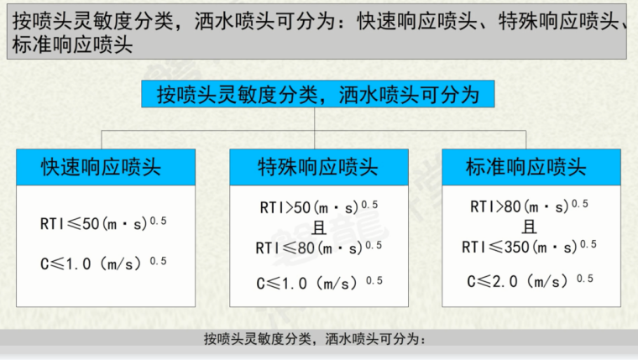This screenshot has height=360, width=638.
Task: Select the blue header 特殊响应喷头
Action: [318, 167]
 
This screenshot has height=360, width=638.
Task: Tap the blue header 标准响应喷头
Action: [531, 167]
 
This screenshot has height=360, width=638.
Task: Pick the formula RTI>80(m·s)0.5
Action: [529, 206]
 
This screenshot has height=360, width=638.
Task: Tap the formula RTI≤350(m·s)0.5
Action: [529, 246]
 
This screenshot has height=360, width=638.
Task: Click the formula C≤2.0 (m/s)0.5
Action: [529, 280]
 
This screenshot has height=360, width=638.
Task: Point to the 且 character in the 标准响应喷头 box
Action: [529, 226]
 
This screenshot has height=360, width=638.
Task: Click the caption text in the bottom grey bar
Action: [316, 340]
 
